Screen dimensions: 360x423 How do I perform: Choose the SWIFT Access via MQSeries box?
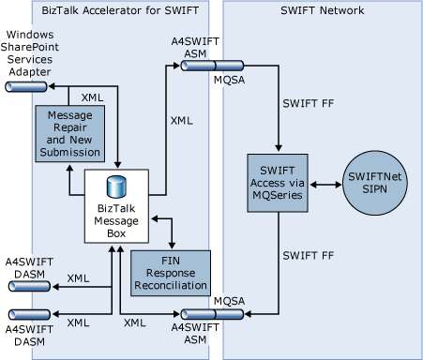[x=278, y=181]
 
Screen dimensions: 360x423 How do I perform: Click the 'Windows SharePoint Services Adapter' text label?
[x=31, y=51]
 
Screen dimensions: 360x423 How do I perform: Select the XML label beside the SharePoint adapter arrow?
[x=93, y=96]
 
